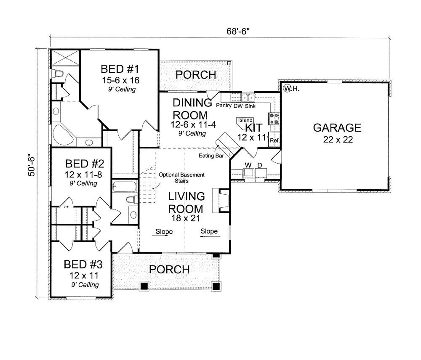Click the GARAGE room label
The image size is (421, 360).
pos(337,128)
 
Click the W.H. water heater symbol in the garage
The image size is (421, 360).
pos(290,89)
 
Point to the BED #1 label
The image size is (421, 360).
pos(117,69)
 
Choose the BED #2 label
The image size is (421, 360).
pos(83,163)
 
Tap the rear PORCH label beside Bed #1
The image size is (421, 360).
pos(195,75)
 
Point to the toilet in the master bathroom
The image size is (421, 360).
pos(57,74)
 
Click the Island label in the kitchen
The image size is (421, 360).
pos(245,120)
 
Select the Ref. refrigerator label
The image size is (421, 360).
pos(274,140)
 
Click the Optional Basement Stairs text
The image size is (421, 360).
pos(181,177)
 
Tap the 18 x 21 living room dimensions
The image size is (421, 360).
pos(186,218)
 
